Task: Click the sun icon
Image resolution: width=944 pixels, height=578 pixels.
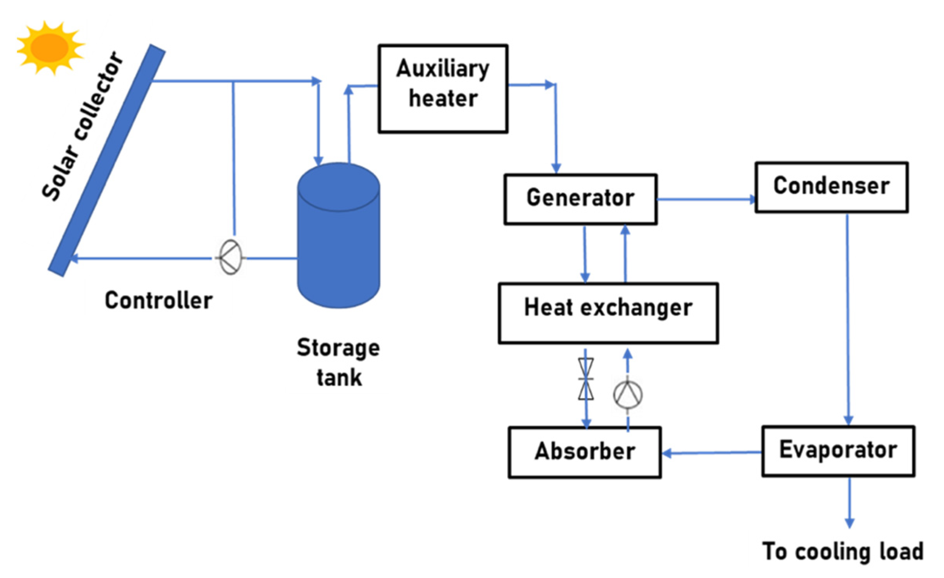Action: pos(50,47)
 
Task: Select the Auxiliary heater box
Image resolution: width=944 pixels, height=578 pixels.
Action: pos(443,89)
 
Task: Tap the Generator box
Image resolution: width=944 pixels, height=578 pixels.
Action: pos(580,199)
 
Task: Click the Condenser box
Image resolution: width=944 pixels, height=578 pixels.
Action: pos(832,187)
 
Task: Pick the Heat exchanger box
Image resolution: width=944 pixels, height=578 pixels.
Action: pos(608,313)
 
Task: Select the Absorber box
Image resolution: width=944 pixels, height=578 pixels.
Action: pos(585,452)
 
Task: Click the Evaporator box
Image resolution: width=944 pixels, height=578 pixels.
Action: pos(838,451)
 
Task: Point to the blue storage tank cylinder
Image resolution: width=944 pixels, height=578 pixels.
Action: pos(338,241)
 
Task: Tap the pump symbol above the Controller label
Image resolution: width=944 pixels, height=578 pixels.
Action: pos(230,257)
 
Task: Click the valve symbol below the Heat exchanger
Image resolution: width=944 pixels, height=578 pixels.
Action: pos(586,379)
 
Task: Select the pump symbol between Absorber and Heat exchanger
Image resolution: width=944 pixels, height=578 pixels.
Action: pos(628,395)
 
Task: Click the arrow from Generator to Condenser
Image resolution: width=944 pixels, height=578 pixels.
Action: pos(706,200)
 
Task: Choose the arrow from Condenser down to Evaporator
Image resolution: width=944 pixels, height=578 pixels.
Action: pos(848,319)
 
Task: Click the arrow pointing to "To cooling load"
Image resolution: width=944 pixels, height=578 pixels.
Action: pos(849,502)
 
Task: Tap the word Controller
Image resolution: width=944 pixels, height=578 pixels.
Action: pos(159,300)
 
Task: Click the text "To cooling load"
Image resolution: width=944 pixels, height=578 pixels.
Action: pos(842,552)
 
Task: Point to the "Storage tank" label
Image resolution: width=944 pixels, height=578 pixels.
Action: pos(338,362)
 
